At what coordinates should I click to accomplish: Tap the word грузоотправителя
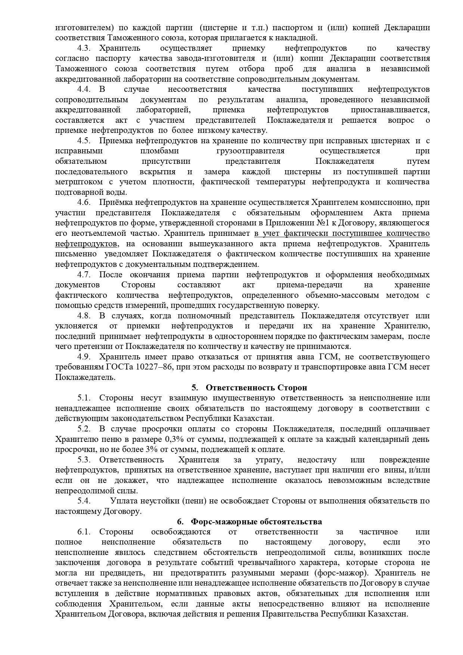click(x=250, y=151)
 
